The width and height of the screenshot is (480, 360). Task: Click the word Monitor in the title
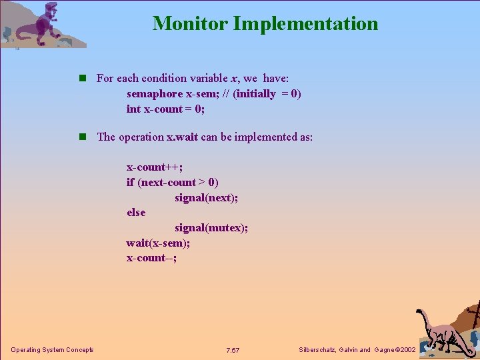190,23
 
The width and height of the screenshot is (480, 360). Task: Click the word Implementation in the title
305,24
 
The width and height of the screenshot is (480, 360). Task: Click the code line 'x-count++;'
155,167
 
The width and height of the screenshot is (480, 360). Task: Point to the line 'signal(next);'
206,197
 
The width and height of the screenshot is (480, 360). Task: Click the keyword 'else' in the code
136,213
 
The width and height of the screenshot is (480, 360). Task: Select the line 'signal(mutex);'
211,228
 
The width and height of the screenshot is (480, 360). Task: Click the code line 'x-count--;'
152,258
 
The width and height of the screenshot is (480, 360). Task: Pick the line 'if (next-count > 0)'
173,182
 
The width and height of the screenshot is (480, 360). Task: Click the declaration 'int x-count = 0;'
165,109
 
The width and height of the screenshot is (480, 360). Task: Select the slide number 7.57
233,350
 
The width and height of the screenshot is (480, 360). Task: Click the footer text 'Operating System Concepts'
52,350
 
